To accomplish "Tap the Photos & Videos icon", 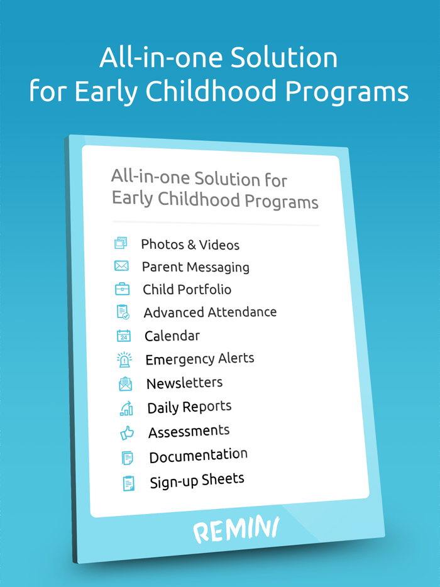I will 121,243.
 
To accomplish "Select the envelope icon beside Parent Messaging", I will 121,266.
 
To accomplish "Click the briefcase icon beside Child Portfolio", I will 122,289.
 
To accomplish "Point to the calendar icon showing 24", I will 123,336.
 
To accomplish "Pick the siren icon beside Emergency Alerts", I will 124,359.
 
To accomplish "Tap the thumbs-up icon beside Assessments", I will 127,432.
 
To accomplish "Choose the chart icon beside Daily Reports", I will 126,409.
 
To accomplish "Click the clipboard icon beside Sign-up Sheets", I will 128,483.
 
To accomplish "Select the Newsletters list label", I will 184,383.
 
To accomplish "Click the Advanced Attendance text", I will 210,312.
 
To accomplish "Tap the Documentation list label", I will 198,456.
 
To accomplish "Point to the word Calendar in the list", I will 172,336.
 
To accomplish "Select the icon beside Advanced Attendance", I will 123,312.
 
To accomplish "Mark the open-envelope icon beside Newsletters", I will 125,383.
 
